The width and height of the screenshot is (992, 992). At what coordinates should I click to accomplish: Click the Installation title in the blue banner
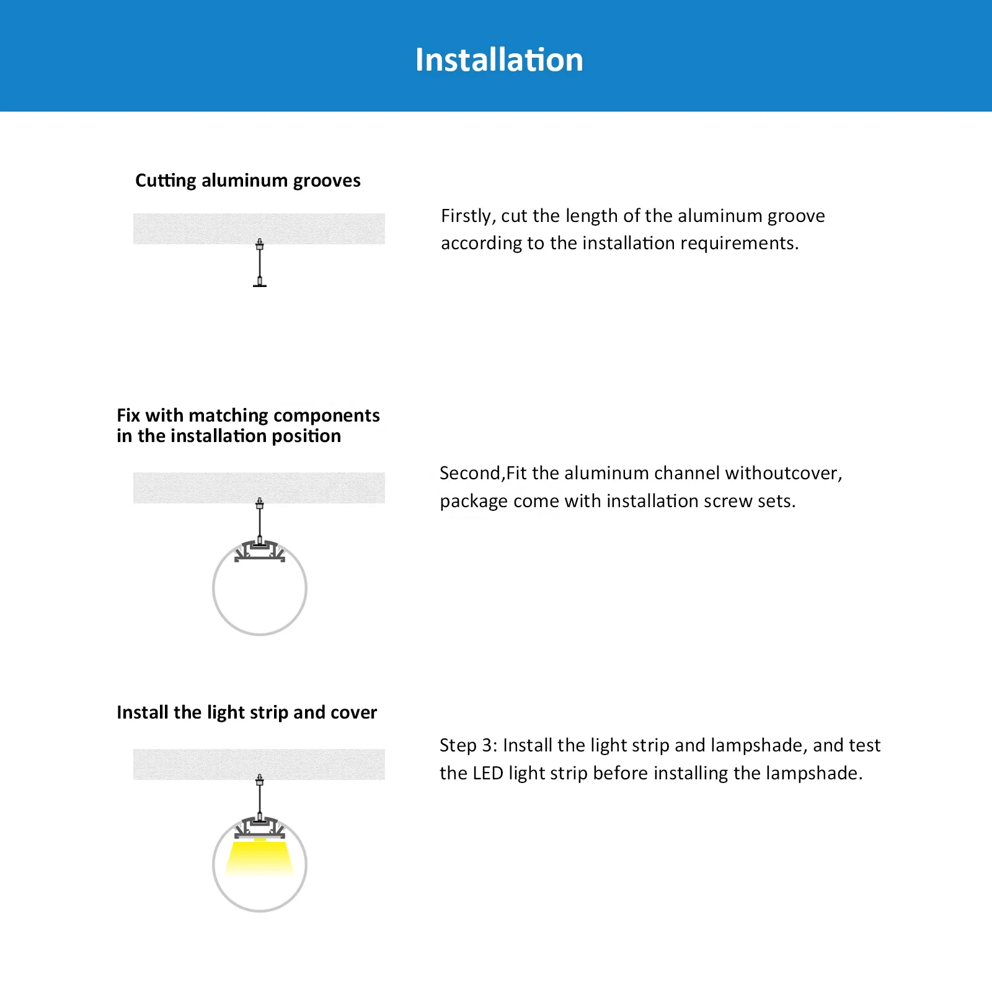click(x=499, y=60)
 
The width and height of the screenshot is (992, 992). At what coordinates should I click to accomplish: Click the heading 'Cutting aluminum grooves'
click(x=248, y=180)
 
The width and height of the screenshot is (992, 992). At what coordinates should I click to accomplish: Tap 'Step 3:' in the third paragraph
click(x=468, y=745)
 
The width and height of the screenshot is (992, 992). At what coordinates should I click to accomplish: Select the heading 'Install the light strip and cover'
click(x=247, y=712)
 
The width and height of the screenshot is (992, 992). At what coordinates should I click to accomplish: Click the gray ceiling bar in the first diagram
click(x=259, y=228)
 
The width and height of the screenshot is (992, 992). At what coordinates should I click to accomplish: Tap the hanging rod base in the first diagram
click(x=260, y=285)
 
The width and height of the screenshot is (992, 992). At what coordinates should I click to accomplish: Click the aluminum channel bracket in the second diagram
click(x=260, y=551)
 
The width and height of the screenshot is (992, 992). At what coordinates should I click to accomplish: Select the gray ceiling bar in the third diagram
click(x=259, y=764)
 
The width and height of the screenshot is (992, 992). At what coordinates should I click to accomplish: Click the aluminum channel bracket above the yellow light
click(x=260, y=828)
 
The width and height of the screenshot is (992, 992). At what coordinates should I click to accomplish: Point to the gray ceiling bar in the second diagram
click(x=259, y=487)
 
